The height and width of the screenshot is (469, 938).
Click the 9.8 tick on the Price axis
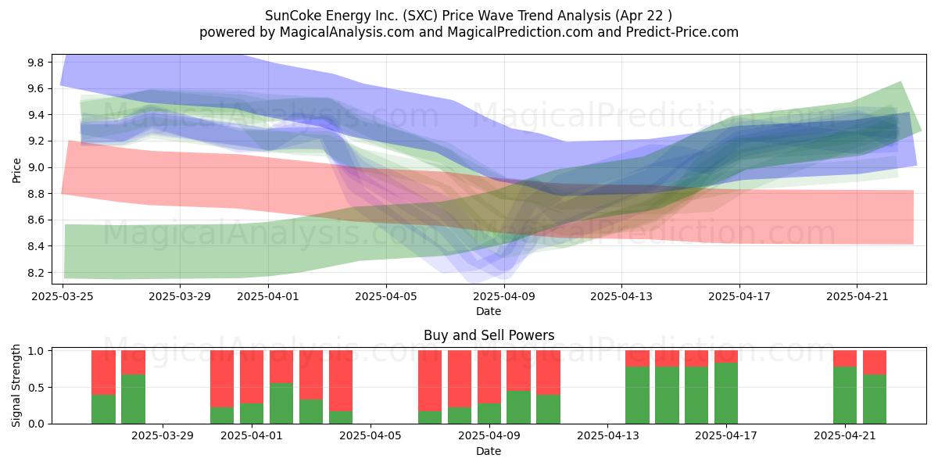35,63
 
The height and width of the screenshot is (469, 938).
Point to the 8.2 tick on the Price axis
35,273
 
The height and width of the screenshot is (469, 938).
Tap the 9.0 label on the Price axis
35,168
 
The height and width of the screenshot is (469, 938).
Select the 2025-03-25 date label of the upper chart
63,296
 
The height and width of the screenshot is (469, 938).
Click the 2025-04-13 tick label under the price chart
621,296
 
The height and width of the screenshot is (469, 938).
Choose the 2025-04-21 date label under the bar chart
845,436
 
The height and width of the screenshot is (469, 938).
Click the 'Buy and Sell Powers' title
489,335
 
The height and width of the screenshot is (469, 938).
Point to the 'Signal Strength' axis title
16,385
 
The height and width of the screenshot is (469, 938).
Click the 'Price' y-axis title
16,170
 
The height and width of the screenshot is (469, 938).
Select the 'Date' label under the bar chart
489,451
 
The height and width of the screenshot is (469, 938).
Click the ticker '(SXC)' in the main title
421,16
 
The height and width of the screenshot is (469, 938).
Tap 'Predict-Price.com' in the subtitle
682,32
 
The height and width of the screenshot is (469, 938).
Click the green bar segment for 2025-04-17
726,393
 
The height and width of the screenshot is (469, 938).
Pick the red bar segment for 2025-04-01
252,377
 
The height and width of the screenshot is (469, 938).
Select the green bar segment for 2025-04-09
489,414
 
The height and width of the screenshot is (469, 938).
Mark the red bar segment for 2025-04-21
845,359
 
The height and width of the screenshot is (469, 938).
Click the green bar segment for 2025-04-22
875,399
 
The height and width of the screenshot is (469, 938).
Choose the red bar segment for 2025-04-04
341,381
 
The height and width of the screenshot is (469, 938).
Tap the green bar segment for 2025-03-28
133,399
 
